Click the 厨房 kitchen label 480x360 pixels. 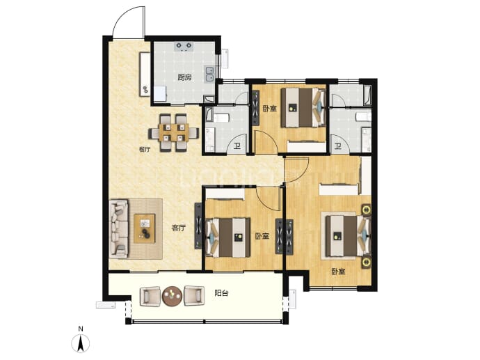pos(184,77)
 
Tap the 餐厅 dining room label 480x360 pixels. pos(145,150)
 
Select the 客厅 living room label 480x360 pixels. pos(179,228)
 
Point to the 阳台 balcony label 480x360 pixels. pos(221,293)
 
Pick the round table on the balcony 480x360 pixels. pos(173,296)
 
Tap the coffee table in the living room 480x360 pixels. pos(145,228)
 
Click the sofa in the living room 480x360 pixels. pos(119,228)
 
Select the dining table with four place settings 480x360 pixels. pos(174,133)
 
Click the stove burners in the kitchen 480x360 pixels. pos(184,46)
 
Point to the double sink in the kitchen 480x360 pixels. pos(209,74)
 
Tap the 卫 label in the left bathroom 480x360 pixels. pos(237,146)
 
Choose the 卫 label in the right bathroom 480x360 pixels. pos(337,146)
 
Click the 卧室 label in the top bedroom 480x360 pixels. pos(270,109)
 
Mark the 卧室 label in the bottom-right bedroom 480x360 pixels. pos(338,272)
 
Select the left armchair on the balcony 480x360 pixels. pos(150,296)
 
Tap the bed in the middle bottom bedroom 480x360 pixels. pos(228,237)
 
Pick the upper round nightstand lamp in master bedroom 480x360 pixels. pos(366,210)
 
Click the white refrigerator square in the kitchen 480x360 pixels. pos(160,94)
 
